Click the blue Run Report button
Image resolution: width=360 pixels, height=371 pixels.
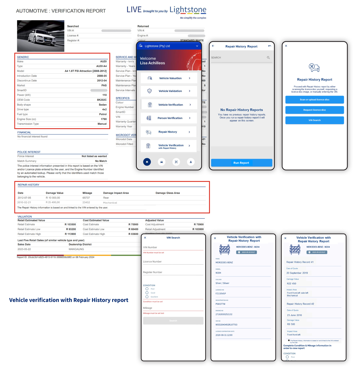pos(241,163)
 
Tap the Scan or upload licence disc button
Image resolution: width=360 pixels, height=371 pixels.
pos(314,100)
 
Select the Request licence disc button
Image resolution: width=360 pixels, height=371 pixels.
pos(314,110)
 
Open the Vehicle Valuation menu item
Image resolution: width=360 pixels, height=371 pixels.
pos(170,78)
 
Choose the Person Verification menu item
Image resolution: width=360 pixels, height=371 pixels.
pos(170,118)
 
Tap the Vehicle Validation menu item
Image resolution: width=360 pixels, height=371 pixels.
pos(170,91)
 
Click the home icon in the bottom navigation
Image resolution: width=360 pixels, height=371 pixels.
pos(147,162)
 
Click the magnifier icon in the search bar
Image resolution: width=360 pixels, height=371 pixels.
pos(268,58)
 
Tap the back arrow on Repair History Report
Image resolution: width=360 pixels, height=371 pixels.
pos(213,46)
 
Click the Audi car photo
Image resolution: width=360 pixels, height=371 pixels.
pos(41,36)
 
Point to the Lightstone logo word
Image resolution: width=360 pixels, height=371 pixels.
pos(188,10)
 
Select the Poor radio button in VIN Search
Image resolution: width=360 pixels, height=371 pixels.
pos(147,289)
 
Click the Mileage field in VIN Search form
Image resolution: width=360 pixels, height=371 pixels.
pos(173,308)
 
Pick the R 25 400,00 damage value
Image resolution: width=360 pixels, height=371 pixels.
pos(53,203)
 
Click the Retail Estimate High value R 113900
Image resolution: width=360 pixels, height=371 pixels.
pos(70,234)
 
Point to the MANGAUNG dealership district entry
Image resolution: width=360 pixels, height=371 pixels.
pos(76,249)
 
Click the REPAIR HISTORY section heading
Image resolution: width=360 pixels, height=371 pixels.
pos(28,185)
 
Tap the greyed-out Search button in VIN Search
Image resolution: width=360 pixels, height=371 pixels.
pos(173,321)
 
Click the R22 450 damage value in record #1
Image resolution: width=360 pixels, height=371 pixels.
pos(291,284)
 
